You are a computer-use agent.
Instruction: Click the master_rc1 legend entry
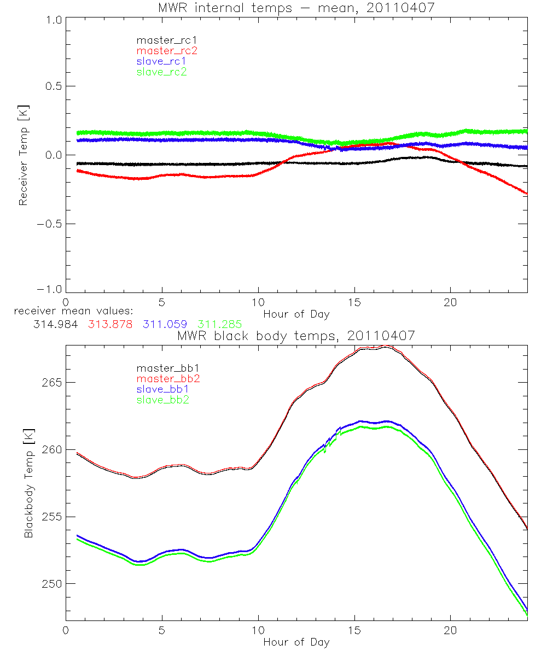[x=161, y=40]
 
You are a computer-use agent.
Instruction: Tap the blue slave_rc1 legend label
[x=161, y=61]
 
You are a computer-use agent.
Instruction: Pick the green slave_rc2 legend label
[x=161, y=72]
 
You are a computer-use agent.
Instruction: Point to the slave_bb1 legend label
[x=164, y=390]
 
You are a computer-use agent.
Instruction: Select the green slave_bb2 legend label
[x=164, y=400]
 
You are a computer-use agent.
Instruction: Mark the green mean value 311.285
[x=219, y=324]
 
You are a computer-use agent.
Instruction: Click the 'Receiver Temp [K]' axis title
[x=23, y=155]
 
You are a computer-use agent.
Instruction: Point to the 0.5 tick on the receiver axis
[x=53, y=86]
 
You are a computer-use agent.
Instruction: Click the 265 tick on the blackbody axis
[x=51, y=382]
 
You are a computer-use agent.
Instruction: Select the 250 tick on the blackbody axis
[x=51, y=584]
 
